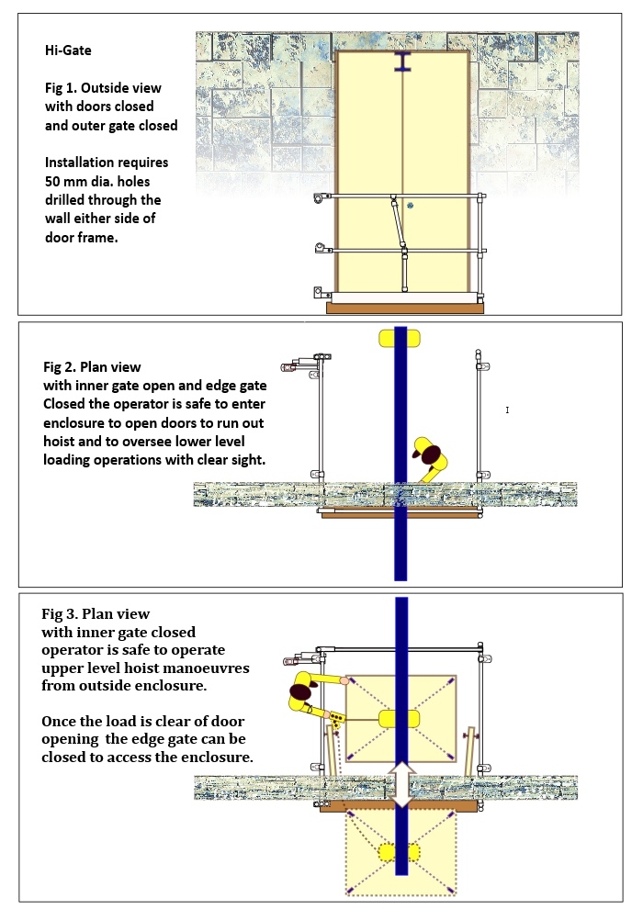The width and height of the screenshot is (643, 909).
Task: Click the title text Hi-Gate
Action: [68, 50]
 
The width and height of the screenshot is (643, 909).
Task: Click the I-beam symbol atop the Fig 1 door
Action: [403, 62]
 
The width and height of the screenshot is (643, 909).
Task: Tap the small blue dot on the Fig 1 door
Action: [411, 206]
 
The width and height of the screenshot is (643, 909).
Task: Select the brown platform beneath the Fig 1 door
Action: [405, 308]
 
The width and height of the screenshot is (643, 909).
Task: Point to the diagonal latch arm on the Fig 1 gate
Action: [398, 221]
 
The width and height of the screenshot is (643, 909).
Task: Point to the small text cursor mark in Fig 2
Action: [507, 410]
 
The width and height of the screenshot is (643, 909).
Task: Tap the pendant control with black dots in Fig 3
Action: [338, 719]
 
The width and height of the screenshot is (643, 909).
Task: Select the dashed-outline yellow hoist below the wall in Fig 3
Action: [401, 853]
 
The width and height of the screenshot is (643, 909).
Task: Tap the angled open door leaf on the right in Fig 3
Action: [470, 748]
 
